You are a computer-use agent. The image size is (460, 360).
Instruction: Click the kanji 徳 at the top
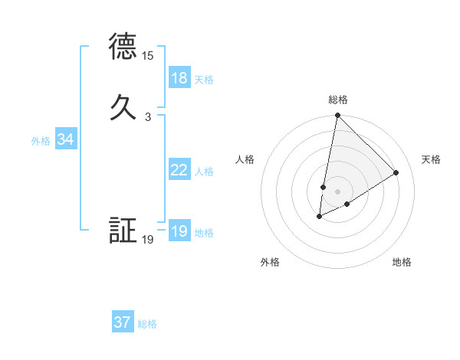[123, 47]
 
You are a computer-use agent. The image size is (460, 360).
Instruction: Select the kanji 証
[123, 231]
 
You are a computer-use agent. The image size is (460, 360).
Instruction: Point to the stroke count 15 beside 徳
[148, 56]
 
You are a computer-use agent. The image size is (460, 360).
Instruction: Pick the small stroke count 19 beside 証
[148, 240]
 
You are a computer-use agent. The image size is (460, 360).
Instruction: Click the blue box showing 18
[179, 78]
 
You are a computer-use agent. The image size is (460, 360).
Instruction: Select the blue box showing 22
[179, 170]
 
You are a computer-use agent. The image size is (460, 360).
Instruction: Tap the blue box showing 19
[179, 231]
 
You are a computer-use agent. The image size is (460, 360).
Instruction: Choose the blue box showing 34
[66, 139]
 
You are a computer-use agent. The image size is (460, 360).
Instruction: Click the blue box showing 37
[123, 322]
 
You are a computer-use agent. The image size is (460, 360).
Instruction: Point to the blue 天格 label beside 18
[204, 80]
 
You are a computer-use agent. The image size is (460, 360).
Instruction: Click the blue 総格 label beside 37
[147, 324]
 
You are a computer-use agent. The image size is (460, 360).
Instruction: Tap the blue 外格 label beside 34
[41, 141]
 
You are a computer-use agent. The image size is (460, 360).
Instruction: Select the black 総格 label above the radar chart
[338, 100]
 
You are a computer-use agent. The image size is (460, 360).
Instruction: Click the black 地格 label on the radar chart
[402, 262]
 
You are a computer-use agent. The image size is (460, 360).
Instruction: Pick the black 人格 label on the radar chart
[245, 159]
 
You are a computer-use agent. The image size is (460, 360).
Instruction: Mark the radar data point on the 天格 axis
[396, 172]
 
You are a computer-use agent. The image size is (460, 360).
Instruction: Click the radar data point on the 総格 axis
[337, 116]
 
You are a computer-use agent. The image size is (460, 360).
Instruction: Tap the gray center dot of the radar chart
[337, 191]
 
